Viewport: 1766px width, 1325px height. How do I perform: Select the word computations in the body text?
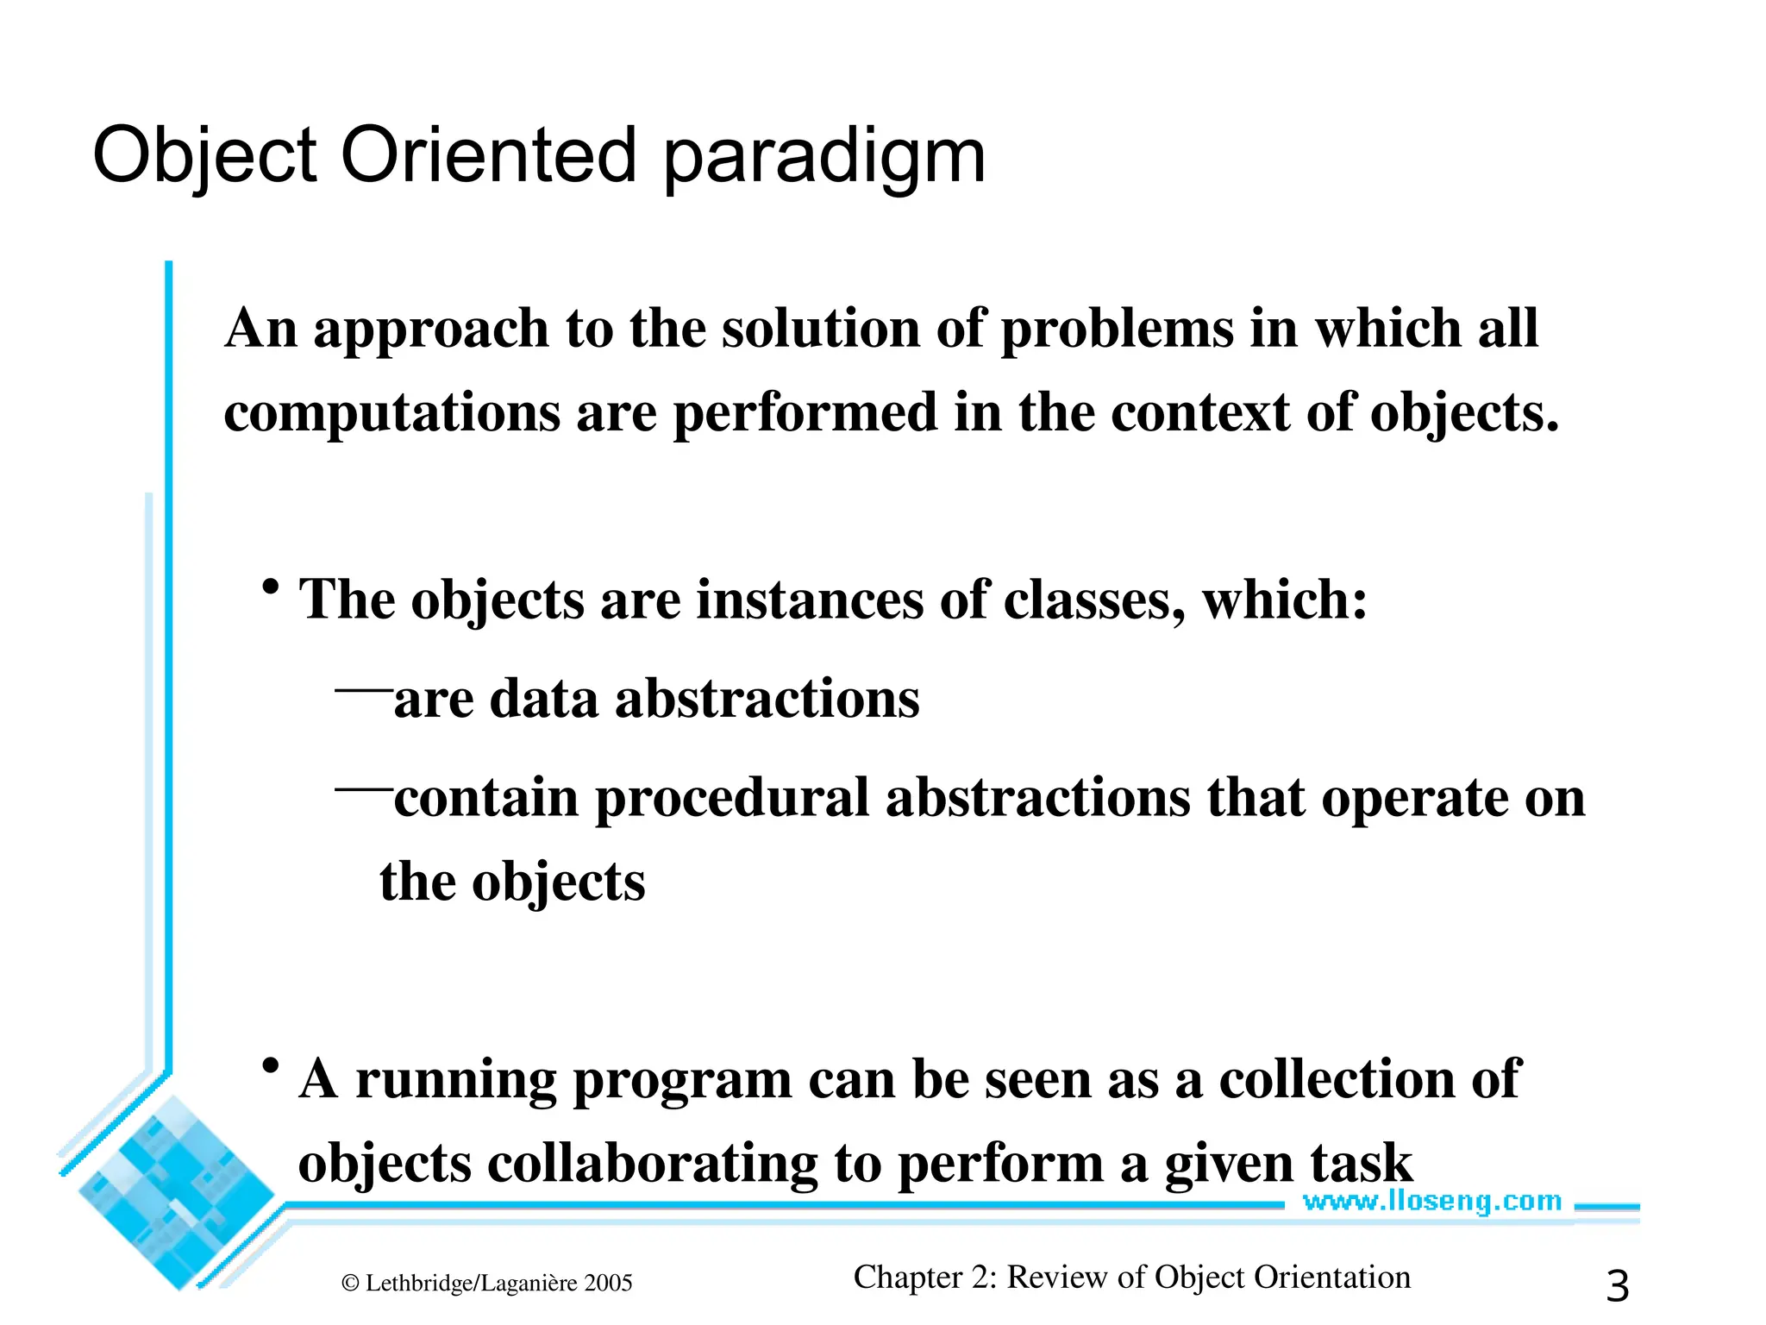pyautogui.click(x=391, y=414)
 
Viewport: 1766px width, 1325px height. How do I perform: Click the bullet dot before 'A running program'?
pyautogui.click(x=271, y=1067)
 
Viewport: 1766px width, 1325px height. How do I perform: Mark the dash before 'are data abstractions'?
pyautogui.click(x=362, y=690)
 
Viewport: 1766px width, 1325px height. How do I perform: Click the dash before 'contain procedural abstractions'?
pyautogui.click(x=362, y=788)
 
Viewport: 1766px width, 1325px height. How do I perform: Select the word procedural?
pyautogui.click(x=731, y=798)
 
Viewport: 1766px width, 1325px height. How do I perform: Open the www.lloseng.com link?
pyautogui.click(x=1431, y=1201)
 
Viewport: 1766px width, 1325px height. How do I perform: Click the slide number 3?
pyautogui.click(x=1617, y=1286)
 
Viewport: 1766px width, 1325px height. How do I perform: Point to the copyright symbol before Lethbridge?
pyautogui.click(x=350, y=1284)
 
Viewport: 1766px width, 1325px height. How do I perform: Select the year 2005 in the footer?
pyautogui.click(x=608, y=1284)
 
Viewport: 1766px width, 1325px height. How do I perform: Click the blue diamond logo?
pyautogui.click(x=177, y=1190)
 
